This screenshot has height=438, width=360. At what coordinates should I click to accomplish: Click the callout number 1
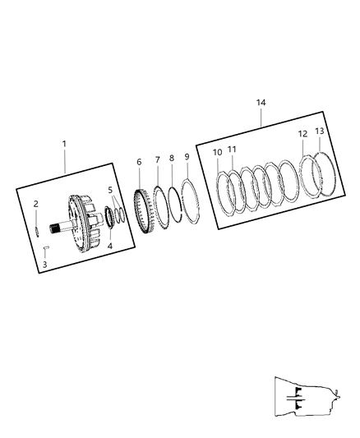click(x=65, y=144)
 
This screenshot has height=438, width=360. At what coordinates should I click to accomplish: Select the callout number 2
click(x=36, y=203)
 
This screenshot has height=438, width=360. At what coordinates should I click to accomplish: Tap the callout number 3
click(x=44, y=264)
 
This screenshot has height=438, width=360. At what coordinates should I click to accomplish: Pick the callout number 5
click(x=111, y=190)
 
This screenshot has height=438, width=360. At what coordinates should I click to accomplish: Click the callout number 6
click(x=138, y=163)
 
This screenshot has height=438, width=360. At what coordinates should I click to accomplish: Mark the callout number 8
click(x=171, y=158)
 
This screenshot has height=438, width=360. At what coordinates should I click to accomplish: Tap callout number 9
click(x=187, y=156)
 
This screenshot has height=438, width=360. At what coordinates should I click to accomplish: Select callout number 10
click(x=217, y=152)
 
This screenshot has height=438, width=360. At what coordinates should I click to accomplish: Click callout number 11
click(x=232, y=149)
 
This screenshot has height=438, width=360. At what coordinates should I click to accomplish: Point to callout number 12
click(x=302, y=134)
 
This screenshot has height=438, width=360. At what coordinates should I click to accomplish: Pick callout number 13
click(x=319, y=131)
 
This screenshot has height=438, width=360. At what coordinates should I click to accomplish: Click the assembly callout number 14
click(x=261, y=102)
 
